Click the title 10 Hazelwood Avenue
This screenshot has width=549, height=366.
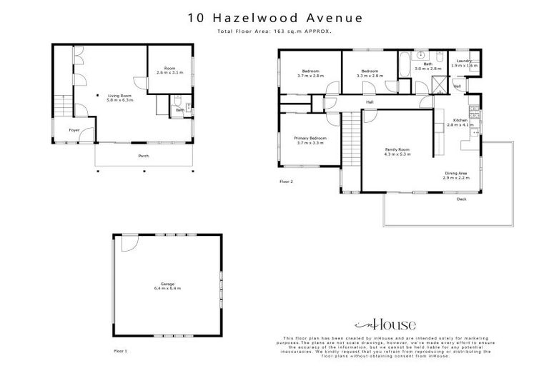click(274, 16)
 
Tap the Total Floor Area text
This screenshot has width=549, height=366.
click(274, 33)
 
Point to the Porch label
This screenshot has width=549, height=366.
click(143, 156)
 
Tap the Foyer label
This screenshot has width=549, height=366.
click(74, 130)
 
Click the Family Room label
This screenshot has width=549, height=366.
click(397, 149)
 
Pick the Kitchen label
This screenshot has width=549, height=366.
click(460, 121)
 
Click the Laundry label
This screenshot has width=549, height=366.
click(463, 61)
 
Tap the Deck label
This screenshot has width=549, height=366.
click(462, 199)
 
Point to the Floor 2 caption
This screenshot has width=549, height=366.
click(286, 182)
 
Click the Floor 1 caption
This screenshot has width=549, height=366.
click(120, 350)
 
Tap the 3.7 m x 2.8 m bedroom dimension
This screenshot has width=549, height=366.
click(310, 75)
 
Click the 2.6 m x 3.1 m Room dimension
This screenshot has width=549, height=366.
click(169, 72)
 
